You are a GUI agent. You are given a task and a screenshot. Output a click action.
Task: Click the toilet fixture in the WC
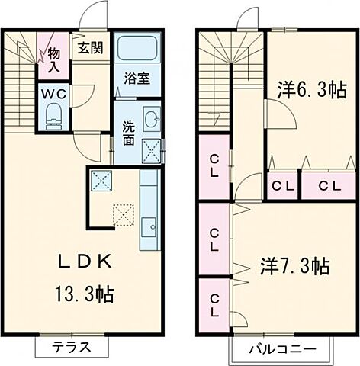53,115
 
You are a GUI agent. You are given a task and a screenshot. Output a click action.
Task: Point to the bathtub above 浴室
138,50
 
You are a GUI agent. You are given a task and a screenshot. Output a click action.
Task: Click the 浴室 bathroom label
138,77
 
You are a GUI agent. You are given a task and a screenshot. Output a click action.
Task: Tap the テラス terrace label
72,348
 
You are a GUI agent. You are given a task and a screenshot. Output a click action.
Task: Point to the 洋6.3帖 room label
308,91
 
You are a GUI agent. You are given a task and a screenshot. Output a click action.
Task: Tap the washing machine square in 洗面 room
151,151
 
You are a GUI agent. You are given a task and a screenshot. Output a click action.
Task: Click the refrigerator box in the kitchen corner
101,181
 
